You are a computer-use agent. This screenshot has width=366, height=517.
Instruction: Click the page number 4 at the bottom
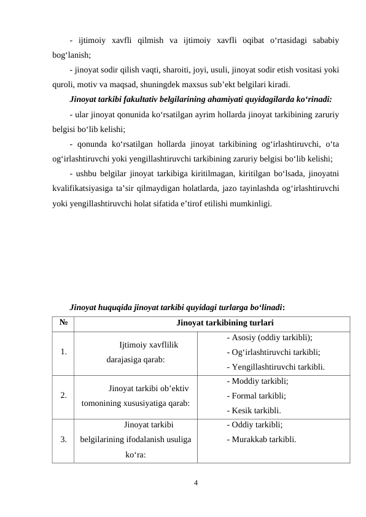click(x=195, y=482)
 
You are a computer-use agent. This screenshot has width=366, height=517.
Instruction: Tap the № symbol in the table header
click(x=63, y=322)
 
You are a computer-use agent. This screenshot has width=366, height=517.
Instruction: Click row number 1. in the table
click(x=64, y=352)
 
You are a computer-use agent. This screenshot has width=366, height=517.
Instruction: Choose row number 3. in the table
click(x=64, y=439)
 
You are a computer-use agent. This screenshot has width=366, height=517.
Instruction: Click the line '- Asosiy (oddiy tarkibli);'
click(x=269, y=338)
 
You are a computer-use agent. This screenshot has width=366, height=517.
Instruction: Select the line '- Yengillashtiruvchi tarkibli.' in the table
click(x=275, y=367)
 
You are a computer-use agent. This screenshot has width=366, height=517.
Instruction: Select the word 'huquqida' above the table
click(x=117, y=305)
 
